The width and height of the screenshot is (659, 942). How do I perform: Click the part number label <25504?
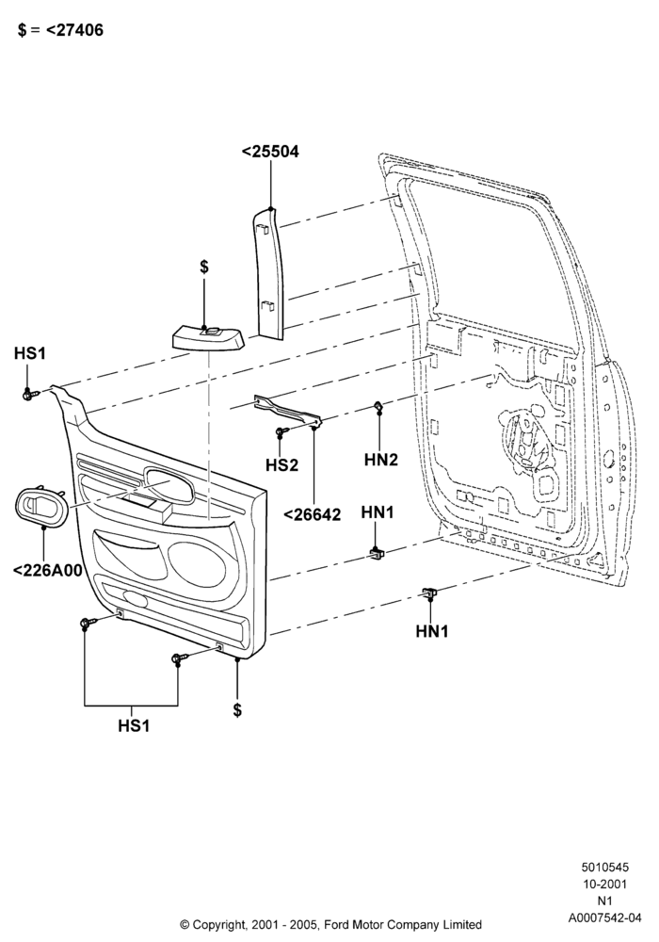pos(270,152)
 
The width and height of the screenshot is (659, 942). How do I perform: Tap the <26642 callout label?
pos(312,515)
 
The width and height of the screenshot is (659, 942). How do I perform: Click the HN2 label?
pos(381,460)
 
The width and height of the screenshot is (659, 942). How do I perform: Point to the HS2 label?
pos(282,465)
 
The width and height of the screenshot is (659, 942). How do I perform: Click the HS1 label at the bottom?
pos(134,725)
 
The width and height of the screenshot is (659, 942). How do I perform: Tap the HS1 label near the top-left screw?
pos(30,353)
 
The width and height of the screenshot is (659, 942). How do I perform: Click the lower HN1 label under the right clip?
pos(432,631)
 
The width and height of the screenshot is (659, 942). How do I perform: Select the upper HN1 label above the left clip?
pos(378,512)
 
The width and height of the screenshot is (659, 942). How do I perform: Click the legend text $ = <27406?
pos(60,29)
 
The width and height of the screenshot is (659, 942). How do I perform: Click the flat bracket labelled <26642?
pos(289,411)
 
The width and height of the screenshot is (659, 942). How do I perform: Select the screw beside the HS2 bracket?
pos(281,431)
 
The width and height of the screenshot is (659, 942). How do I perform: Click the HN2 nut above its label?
pos(378,406)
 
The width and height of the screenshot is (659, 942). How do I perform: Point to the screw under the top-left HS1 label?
pos(30,395)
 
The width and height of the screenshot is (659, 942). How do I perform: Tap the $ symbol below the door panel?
pos(237,710)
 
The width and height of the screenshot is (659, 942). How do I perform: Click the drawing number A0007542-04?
pos(605,918)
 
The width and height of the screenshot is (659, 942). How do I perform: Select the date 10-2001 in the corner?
pos(605,884)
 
